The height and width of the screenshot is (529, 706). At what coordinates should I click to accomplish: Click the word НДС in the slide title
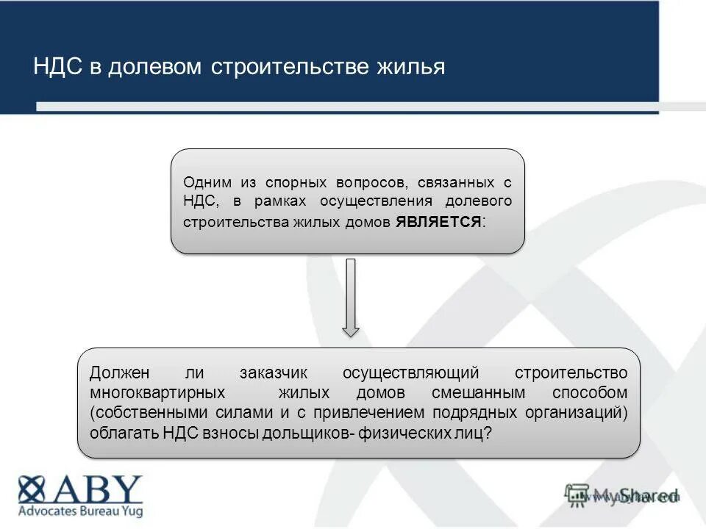click(x=58, y=67)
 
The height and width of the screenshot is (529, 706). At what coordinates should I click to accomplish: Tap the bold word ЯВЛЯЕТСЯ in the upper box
click(x=439, y=221)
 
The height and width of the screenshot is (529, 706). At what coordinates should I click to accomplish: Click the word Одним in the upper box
click(x=207, y=181)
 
